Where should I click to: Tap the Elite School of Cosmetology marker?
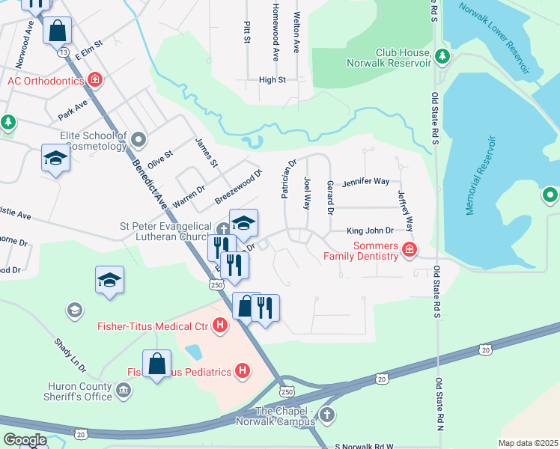point(138,139)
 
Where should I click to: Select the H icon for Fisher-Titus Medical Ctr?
point(219,326)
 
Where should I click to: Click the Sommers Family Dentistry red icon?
point(409,250)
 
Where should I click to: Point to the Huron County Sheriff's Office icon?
point(124,390)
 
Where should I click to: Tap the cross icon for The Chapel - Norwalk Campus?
point(326,414)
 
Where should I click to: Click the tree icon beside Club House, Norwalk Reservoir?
point(442,55)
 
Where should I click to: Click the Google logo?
point(25,440)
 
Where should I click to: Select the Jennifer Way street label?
point(365,182)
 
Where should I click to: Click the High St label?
point(272,79)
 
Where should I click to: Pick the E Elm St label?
point(87,50)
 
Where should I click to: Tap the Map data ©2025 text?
point(527,443)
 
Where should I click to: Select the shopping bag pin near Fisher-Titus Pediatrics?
point(156,364)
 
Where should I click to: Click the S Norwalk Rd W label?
point(363,445)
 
